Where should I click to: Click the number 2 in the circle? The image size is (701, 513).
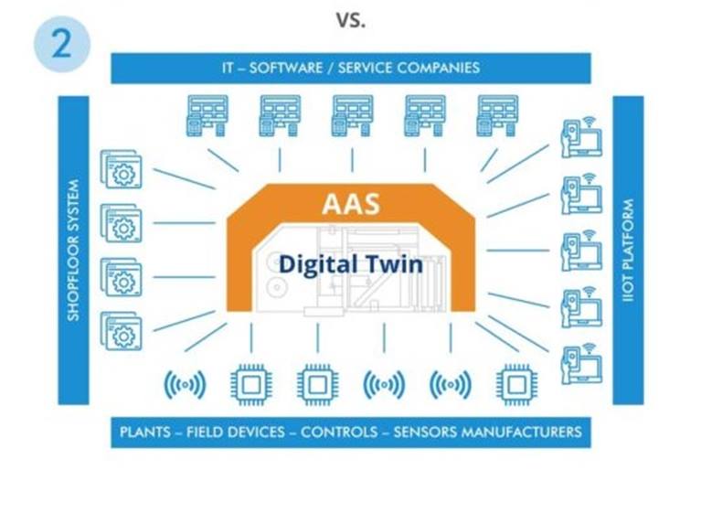[x=62, y=43]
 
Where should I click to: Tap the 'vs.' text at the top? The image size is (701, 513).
[x=351, y=20]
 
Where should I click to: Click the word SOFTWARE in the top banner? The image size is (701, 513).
[x=286, y=68]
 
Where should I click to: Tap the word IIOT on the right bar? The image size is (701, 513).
[x=629, y=287]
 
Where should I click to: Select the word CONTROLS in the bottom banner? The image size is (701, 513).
[x=339, y=432]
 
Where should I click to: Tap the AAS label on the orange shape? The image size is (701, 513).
[x=351, y=204]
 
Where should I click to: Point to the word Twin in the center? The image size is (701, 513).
[x=393, y=263]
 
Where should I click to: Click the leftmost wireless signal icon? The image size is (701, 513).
[x=186, y=385]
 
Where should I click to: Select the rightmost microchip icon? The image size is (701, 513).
[x=516, y=385]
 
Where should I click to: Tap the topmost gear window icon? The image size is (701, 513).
[x=122, y=169]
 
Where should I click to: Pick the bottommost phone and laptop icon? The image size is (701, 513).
[x=581, y=364]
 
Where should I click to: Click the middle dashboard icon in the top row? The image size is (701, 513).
[x=352, y=115]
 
